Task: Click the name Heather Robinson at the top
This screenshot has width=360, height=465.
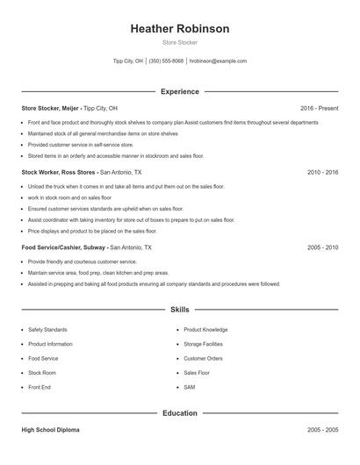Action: (x=179, y=29)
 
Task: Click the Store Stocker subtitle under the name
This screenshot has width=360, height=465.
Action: (x=179, y=42)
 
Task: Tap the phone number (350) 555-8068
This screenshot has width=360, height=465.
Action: (x=166, y=61)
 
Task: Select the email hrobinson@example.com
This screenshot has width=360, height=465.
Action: (x=218, y=61)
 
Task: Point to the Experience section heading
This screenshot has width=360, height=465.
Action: (x=179, y=91)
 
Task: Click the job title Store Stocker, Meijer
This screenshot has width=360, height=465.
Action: (x=50, y=108)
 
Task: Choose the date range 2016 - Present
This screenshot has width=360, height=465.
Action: (x=318, y=108)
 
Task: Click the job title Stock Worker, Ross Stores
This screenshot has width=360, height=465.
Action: (x=59, y=172)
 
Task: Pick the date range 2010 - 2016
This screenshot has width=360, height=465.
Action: (x=322, y=172)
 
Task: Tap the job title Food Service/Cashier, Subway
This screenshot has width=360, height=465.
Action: (x=64, y=247)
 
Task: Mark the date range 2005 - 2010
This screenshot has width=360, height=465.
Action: (x=322, y=247)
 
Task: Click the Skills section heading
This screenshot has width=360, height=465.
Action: (x=179, y=309)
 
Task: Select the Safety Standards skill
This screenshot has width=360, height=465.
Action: (x=47, y=330)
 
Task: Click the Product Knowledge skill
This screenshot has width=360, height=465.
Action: (x=205, y=330)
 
